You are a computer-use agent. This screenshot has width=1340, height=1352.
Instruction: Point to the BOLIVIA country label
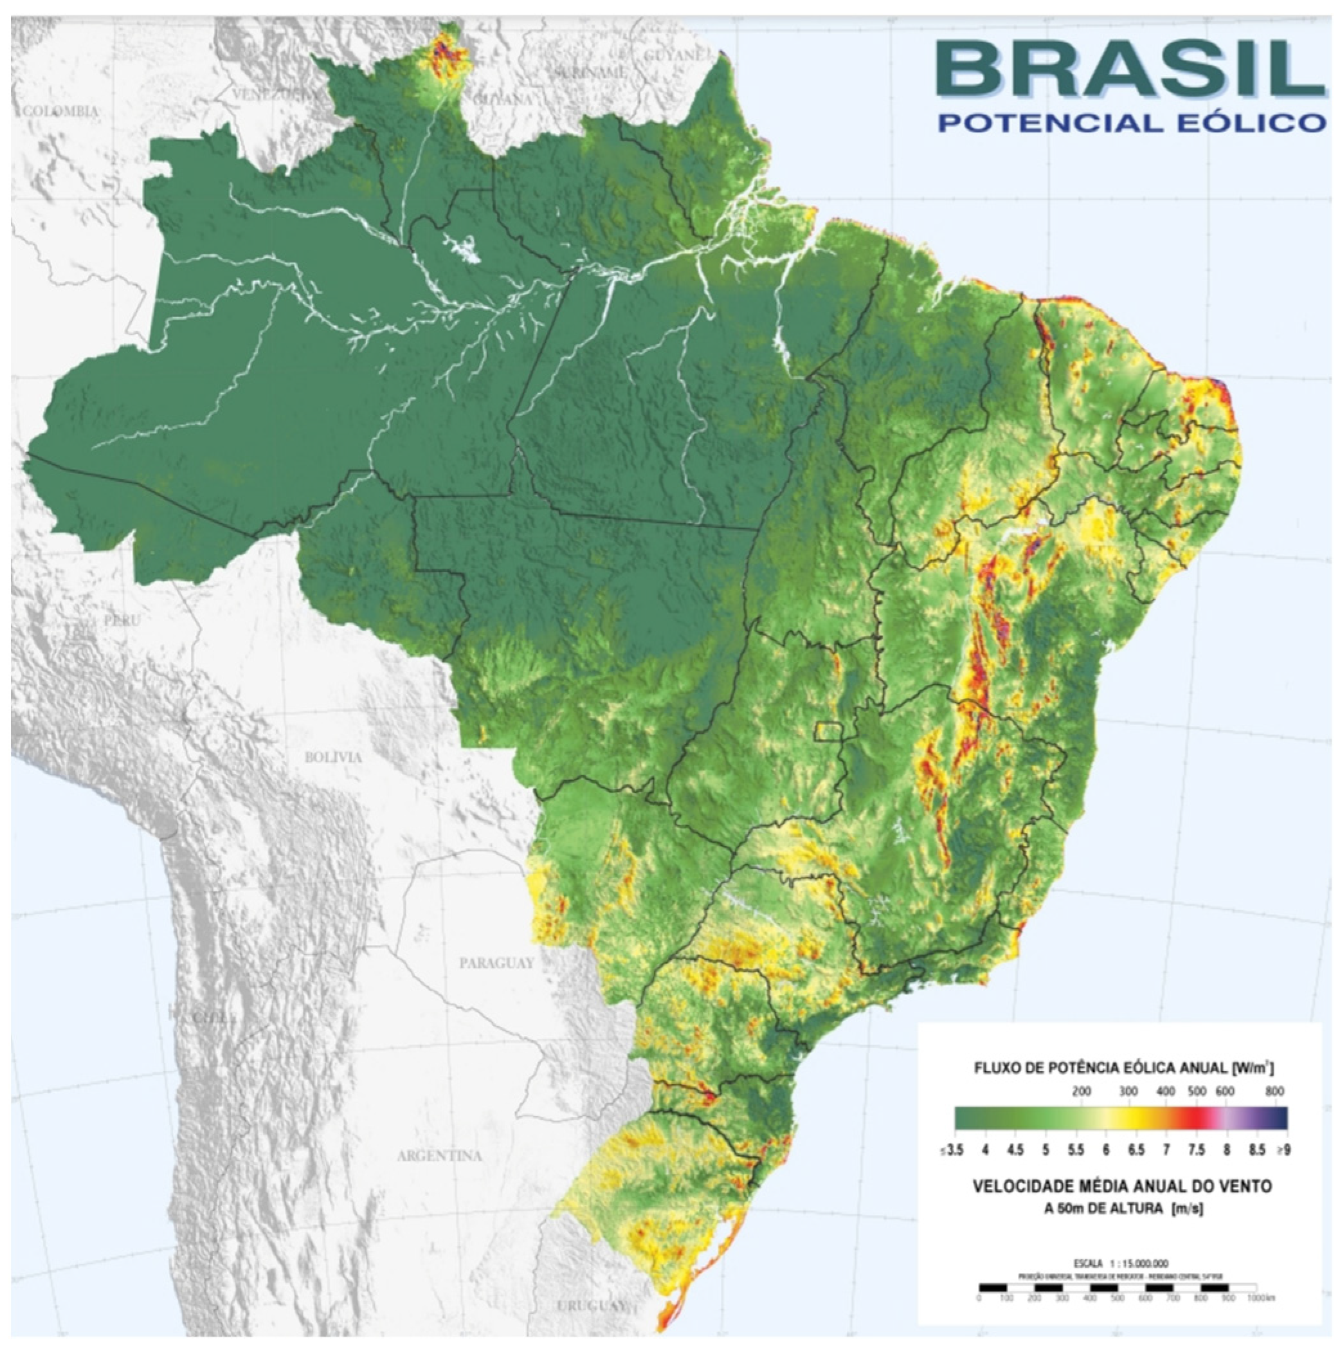pos(333,757)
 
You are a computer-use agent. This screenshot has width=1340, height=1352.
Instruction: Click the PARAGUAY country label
pos(496,963)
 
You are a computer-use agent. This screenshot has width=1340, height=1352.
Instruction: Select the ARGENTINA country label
pos(439,1156)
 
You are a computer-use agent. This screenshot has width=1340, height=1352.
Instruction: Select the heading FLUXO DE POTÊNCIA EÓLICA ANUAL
pos(1101,1068)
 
